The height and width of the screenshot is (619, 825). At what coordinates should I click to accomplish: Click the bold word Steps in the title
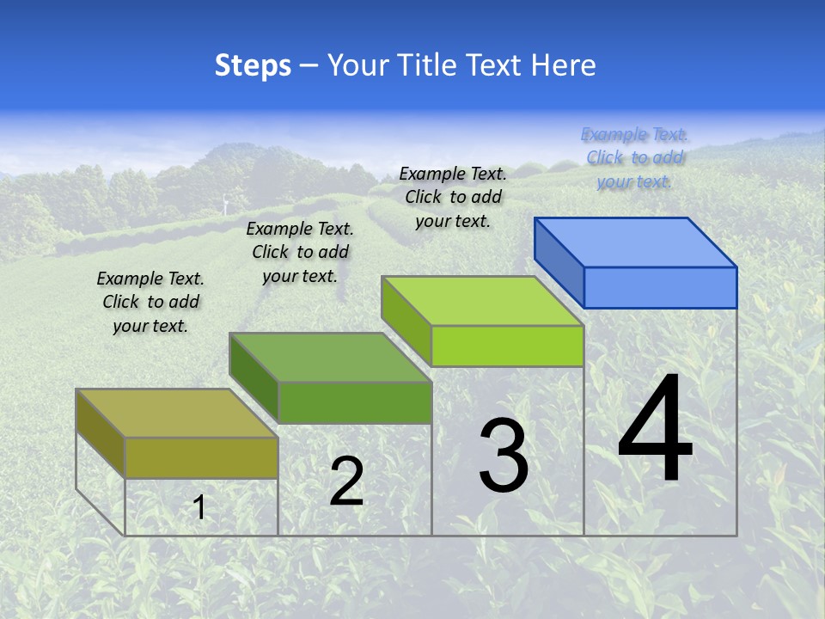pyautogui.click(x=253, y=65)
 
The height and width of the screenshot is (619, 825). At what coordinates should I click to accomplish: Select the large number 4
pyautogui.click(x=655, y=430)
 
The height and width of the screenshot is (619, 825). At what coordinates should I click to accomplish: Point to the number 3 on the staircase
pyautogui.click(x=504, y=456)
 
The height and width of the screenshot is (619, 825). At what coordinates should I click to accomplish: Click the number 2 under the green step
pyautogui.click(x=346, y=481)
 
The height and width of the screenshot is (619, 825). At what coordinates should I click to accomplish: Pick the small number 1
pyautogui.click(x=199, y=507)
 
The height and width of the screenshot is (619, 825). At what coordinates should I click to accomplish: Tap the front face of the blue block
pyautogui.click(x=660, y=287)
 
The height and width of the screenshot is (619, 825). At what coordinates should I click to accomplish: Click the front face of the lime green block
pyautogui.click(x=507, y=346)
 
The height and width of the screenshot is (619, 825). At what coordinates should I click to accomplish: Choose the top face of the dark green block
pyautogui.click(x=330, y=357)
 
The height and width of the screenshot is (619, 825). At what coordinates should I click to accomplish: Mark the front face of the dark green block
pyautogui.click(x=354, y=402)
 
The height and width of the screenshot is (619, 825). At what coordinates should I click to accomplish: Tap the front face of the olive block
pyautogui.click(x=201, y=457)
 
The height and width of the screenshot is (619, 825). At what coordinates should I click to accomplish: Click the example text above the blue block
pyautogui.click(x=634, y=157)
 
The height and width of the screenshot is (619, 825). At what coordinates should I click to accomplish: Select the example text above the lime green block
pyautogui.click(x=453, y=197)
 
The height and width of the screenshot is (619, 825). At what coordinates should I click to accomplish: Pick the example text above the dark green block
pyautogui.click(x=300, y=252)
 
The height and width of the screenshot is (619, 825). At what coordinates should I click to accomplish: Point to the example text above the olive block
pyautogui.click(x=150, y=302)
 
